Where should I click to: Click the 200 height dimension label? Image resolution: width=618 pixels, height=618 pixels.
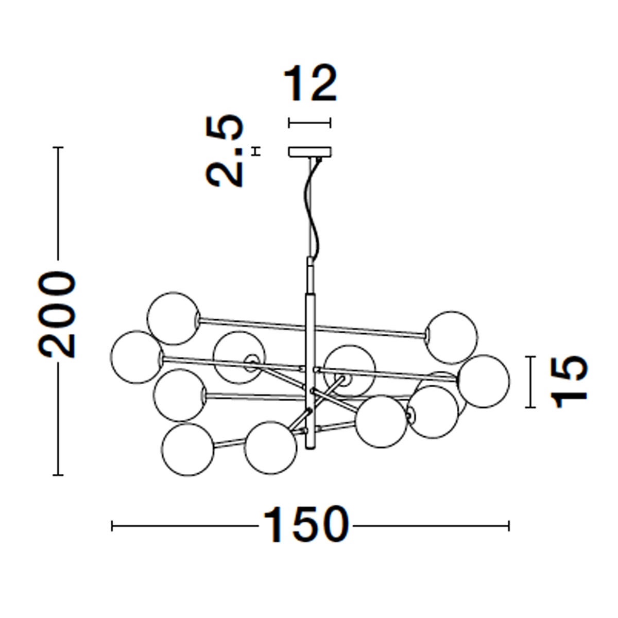click(x=57, y=315)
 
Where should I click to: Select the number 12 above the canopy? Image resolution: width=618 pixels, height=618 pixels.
click(x=311, y=83)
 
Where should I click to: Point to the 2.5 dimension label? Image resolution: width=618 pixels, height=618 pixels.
click(x=225, y=151)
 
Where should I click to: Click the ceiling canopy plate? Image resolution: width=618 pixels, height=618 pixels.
click(x=310, y=152)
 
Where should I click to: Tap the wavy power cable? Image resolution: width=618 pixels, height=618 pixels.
click(x=312, y=209)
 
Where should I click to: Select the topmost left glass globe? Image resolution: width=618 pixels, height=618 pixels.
click(x=174, y=318)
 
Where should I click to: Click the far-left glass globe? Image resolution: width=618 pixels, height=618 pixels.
click(x=137, y=357)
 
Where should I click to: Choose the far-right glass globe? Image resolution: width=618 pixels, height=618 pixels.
click(x=483, y=381)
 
